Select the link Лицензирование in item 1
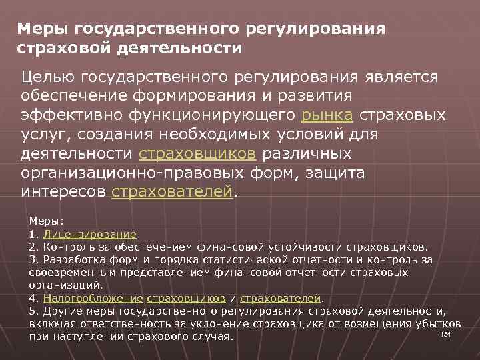(90, 235)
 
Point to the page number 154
(446, 333)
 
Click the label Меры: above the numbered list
(45, 220)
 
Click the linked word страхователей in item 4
(281, 297)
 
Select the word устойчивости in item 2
(300, 247)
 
